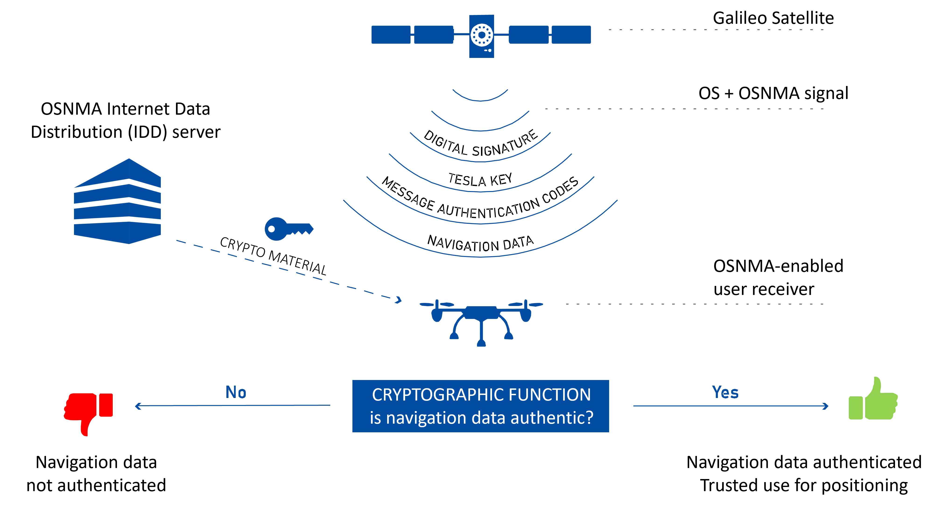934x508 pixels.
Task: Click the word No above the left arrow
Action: (x=236, y=392)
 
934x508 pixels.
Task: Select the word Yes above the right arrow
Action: (x=725, y=392)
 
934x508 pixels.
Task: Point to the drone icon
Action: (x=481, y=319)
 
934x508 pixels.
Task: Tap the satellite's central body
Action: (x=481, y=36)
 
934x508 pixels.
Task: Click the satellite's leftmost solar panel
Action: (x=391, y=35)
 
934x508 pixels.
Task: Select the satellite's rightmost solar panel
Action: (x=571, y=35)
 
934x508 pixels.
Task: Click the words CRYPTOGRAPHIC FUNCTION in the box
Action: (x=481, y=395)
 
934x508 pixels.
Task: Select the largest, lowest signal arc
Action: (x=480, y=256)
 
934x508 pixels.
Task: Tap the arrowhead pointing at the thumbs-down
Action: (x=137, y=406)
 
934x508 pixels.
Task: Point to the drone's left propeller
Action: (x=437, y=304)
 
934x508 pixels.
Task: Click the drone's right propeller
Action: (x=526, y=304)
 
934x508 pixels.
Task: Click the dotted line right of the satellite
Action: (x=716, y=30)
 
